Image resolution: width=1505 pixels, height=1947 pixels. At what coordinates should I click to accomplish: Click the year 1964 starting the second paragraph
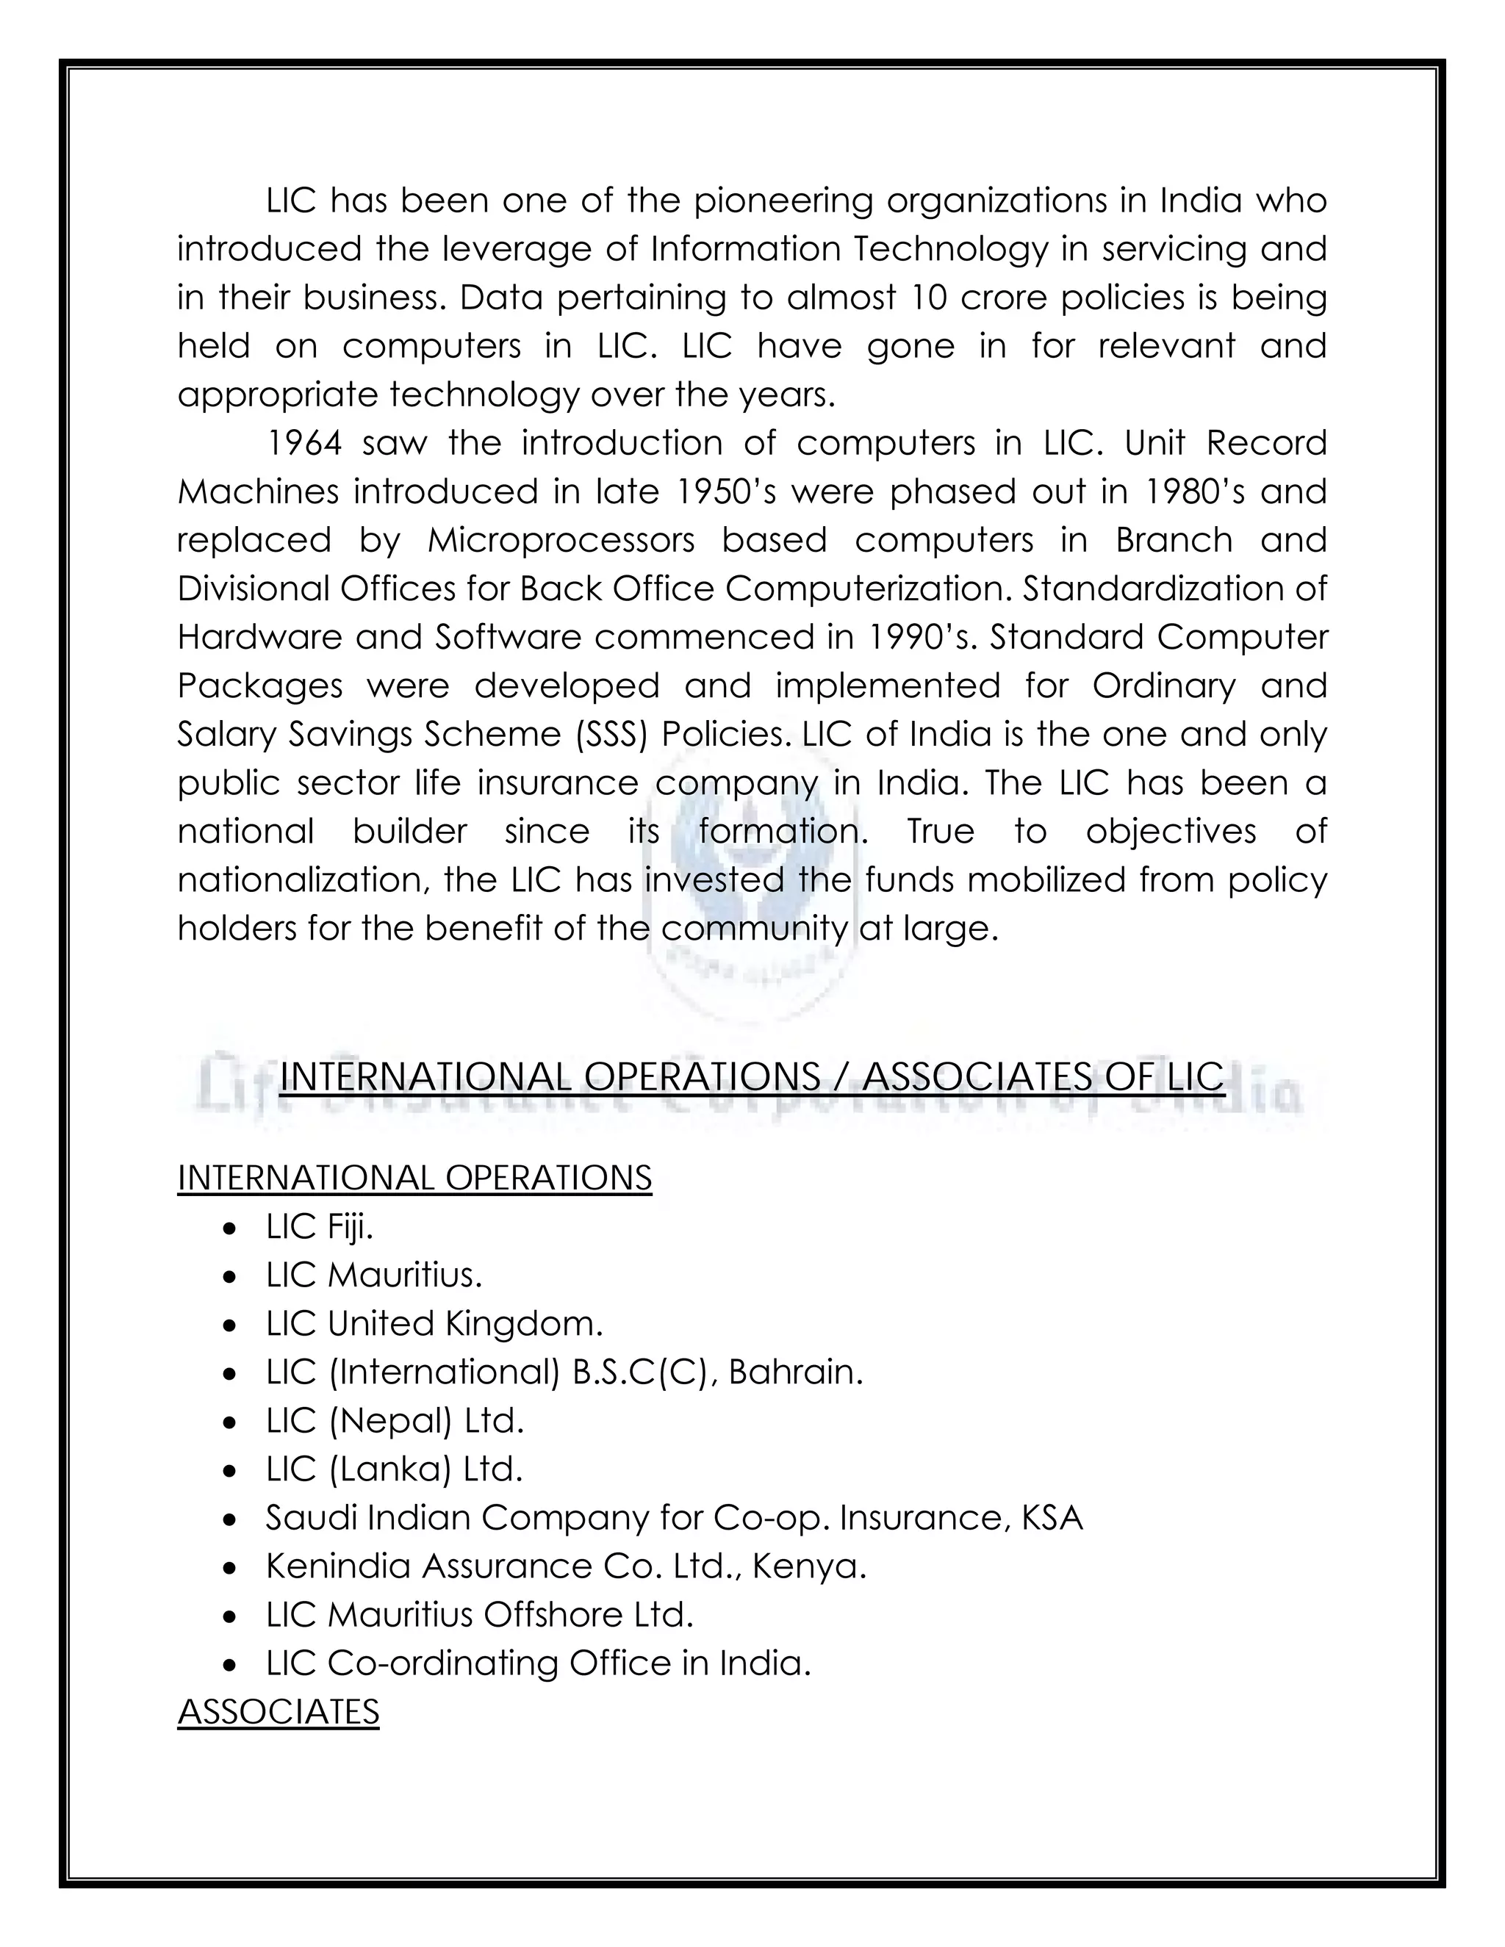coord(304,443)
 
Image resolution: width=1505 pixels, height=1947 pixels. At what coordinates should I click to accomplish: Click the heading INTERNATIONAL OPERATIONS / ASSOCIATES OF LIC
coord(752,1077)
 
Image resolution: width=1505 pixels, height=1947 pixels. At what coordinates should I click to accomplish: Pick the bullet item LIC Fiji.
coord(319,1227)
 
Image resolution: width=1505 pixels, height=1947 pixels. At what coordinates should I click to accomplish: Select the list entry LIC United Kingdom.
coord(434,1323)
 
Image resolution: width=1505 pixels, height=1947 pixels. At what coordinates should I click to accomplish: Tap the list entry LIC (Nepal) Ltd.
coord(394,1420)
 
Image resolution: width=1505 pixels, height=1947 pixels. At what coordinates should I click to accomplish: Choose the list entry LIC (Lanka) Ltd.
coord(393,1468)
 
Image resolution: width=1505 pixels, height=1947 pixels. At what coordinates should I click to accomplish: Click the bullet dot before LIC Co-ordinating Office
coord(231,1663)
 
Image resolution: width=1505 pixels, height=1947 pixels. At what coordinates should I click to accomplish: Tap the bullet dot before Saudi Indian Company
coord(231,1518)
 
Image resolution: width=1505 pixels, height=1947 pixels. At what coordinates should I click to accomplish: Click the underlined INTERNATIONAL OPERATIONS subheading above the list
coord(414,1178)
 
